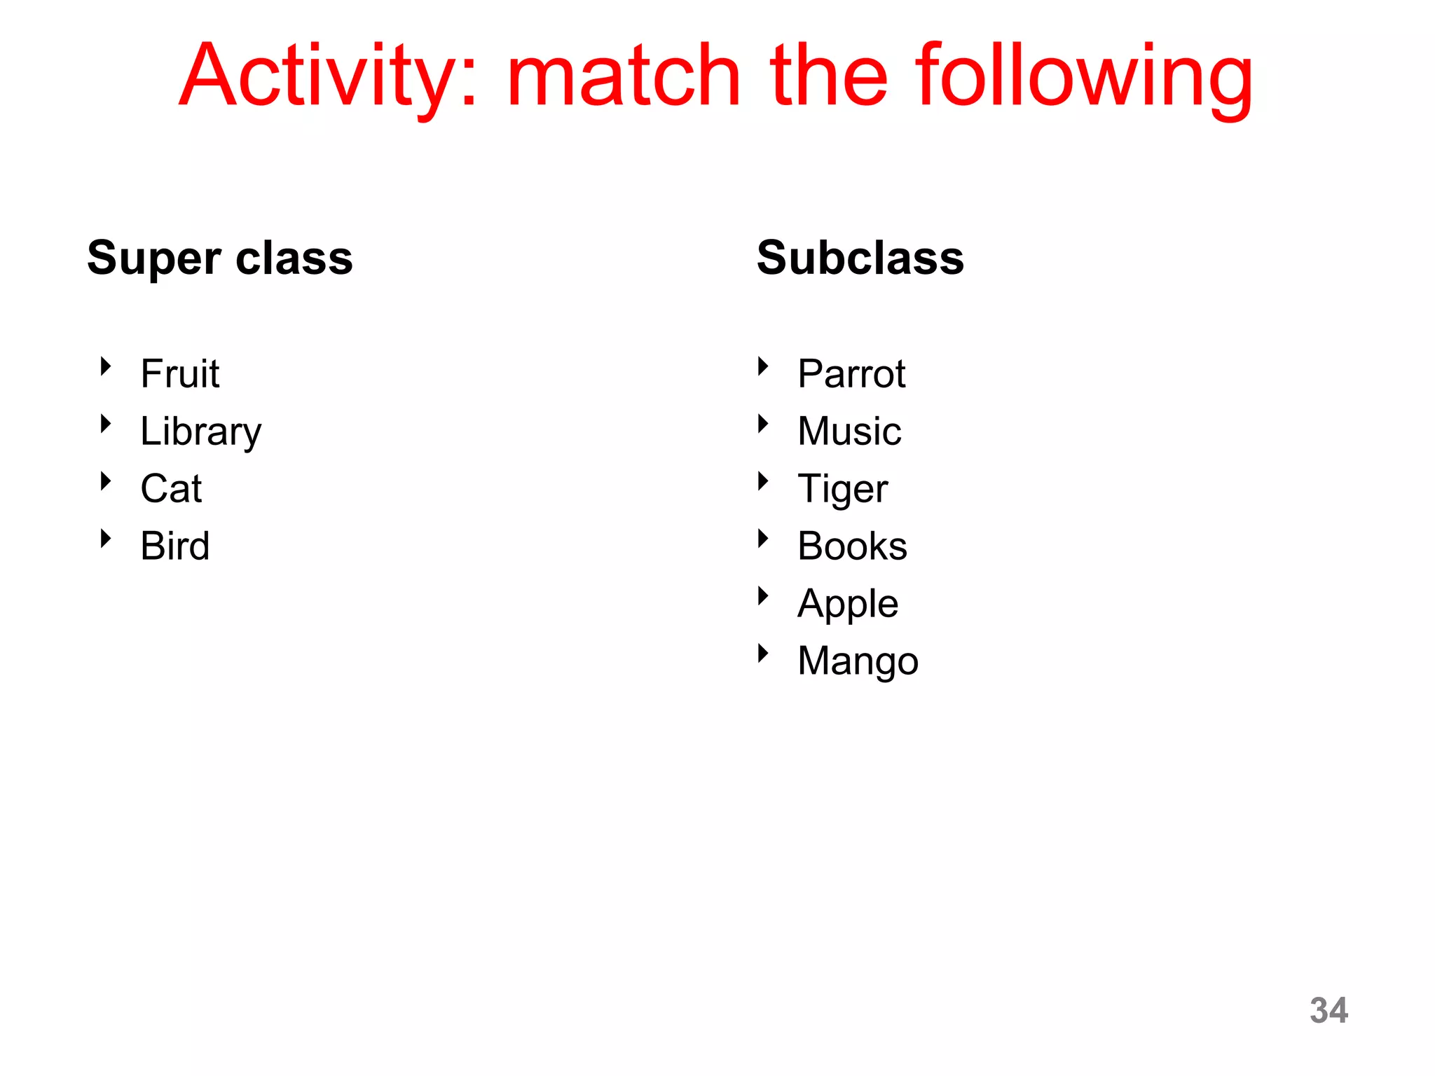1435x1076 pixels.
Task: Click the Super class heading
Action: (x=220, y=258)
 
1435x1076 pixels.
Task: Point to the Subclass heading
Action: (x=860, y=258)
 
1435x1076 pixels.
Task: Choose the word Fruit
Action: (x=180, y=373)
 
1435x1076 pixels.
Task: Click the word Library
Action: (x=201, y=432)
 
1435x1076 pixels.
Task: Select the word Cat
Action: (x=171, y=488)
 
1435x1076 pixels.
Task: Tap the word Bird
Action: (x=175, y=546)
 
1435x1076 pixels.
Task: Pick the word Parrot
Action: (x=851, y=373)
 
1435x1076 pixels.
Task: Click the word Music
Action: (x=849, y=431)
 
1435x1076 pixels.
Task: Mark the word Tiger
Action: (x=843, y=489)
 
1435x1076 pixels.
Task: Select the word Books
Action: (x=852, y=546)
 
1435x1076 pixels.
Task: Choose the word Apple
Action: (x=848, y=604)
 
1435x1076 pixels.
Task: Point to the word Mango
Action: (x=858, y=661)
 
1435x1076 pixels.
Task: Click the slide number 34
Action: (x=1328, y=1010)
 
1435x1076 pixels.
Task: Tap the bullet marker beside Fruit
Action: (x=106, y=366)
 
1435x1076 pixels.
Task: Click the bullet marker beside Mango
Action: (x=763, y=654)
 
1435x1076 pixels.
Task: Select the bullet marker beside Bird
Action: (x=106, y=538)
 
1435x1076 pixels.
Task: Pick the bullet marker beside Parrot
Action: (x=763, y=366)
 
